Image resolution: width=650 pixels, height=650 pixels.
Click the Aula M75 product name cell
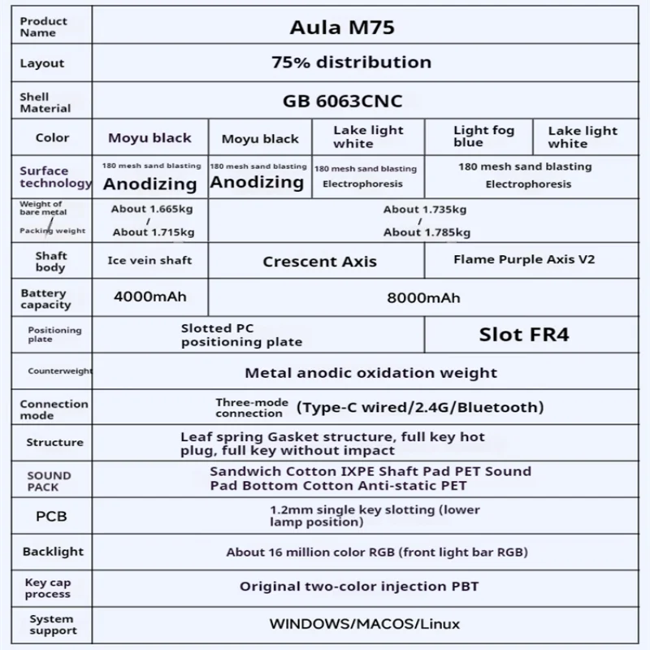[x=342, y=27]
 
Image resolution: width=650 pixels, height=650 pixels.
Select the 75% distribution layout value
[x=350, y=63]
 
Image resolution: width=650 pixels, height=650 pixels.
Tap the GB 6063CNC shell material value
[x=342, y=102]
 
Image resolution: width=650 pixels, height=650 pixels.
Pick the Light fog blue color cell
[x=483, y=136]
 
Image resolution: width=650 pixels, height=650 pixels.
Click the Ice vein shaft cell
[x=149, y=261]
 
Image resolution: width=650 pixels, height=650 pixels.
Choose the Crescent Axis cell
[x=319, y=262]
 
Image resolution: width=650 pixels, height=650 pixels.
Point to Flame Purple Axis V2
[x=523, y=260]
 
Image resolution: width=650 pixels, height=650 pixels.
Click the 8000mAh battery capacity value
[x=424, y=298]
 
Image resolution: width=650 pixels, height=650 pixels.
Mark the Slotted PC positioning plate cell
[x=241, y=335]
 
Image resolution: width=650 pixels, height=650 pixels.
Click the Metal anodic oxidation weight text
[x=370, y=373]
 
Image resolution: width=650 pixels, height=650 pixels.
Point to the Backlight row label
[x=53, y=552]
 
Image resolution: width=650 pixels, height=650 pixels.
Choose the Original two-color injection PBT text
[x=359, y=587]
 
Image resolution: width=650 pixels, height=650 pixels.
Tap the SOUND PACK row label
[x=50, y=481]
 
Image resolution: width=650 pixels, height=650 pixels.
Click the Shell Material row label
[x=45, y=102]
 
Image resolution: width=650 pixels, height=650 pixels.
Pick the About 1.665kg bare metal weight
[x=151, y=209]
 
